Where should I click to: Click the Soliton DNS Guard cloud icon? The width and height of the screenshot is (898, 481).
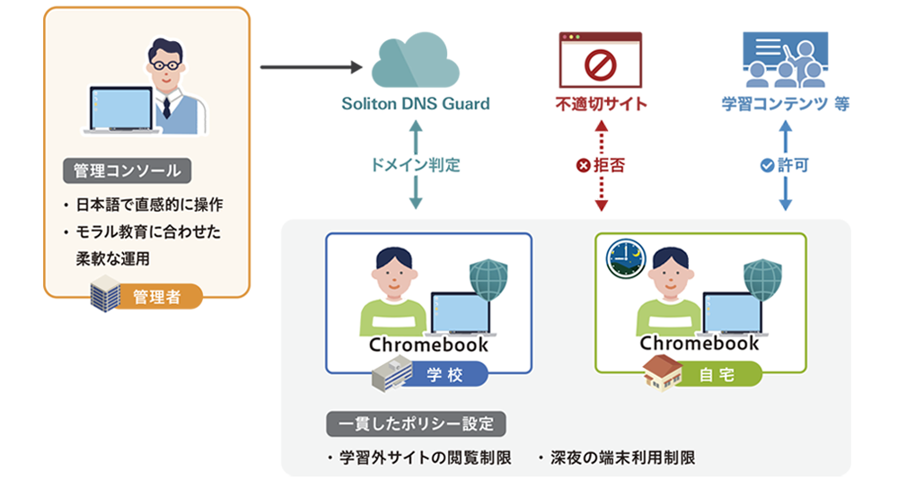415,61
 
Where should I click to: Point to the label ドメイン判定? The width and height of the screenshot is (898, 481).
415,165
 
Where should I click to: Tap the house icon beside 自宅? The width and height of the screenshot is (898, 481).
662,372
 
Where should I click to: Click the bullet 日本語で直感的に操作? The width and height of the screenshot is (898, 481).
143,204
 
